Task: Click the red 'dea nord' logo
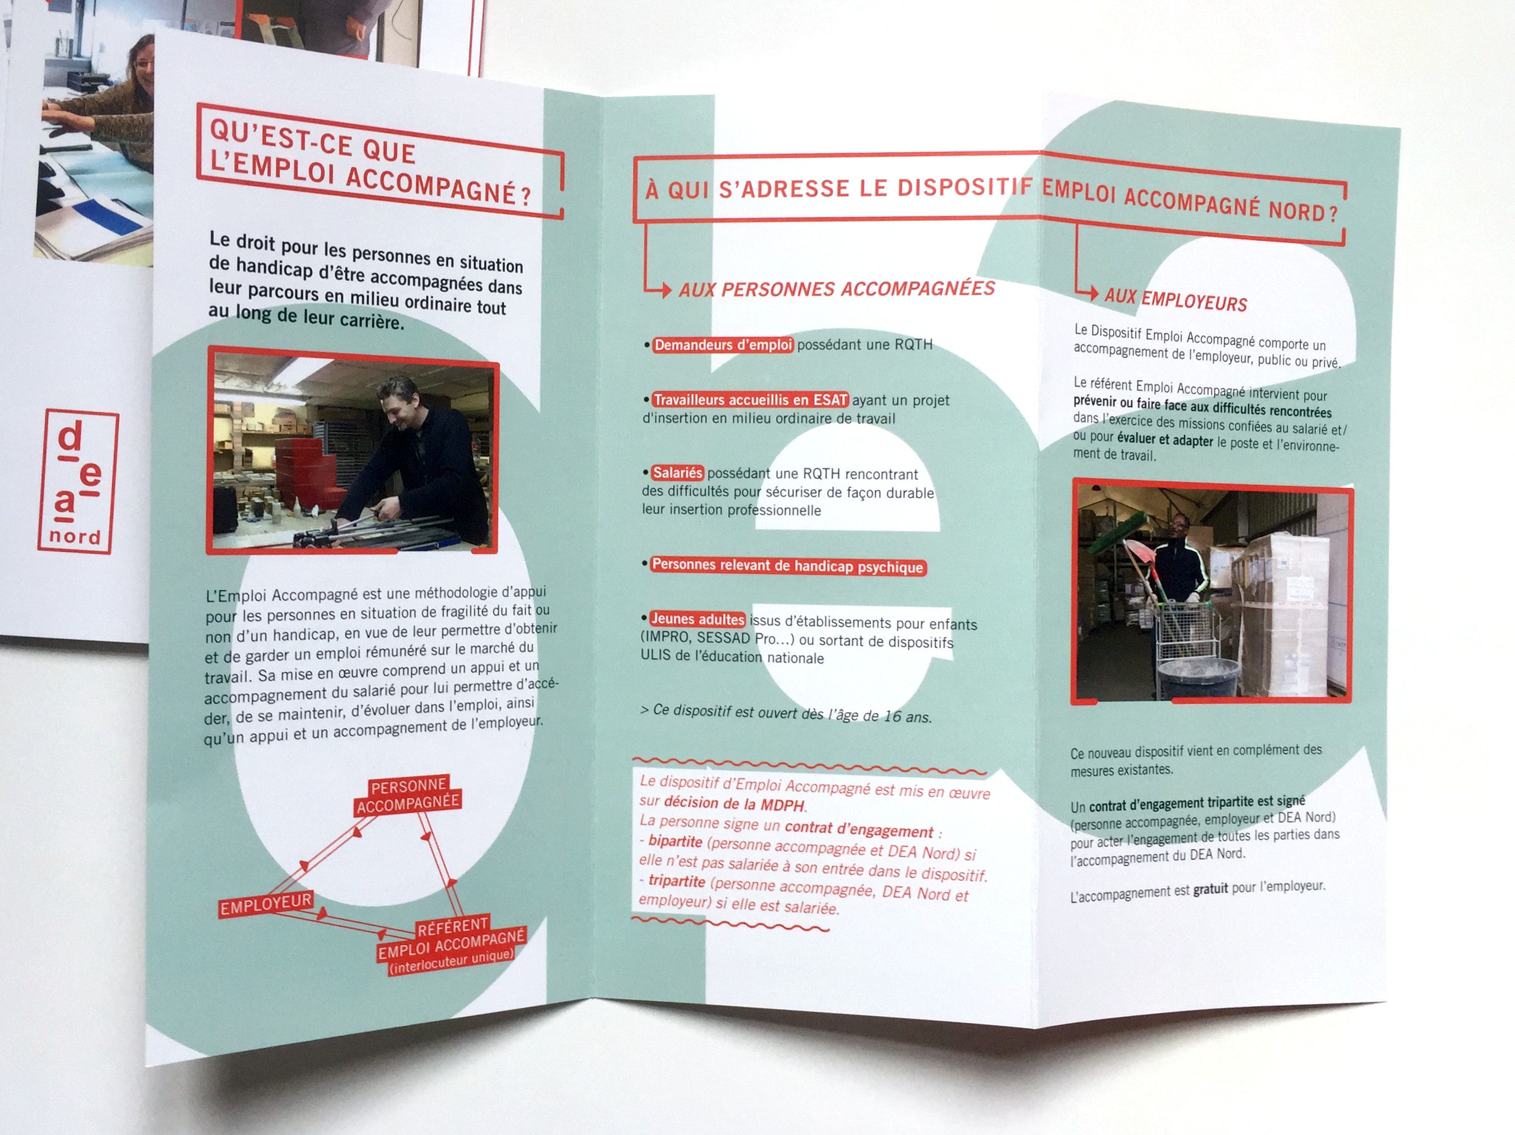click(x=78, y=481)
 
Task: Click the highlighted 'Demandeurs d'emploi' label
click(x=722, y=345)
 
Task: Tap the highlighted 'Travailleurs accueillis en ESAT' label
click(x=750, y=400)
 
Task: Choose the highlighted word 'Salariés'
click(x=677, y=473)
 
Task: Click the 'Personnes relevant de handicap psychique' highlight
click(x=788, y=566)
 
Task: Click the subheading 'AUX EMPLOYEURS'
click(x=1175, y=300)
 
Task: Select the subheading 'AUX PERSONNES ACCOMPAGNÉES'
click(x=836, y=289)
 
